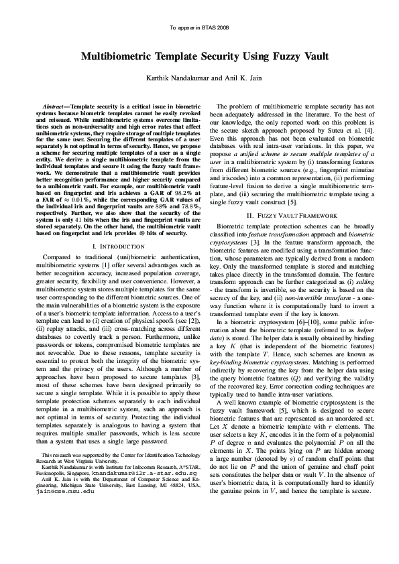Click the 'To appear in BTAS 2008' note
click(199, 28)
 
